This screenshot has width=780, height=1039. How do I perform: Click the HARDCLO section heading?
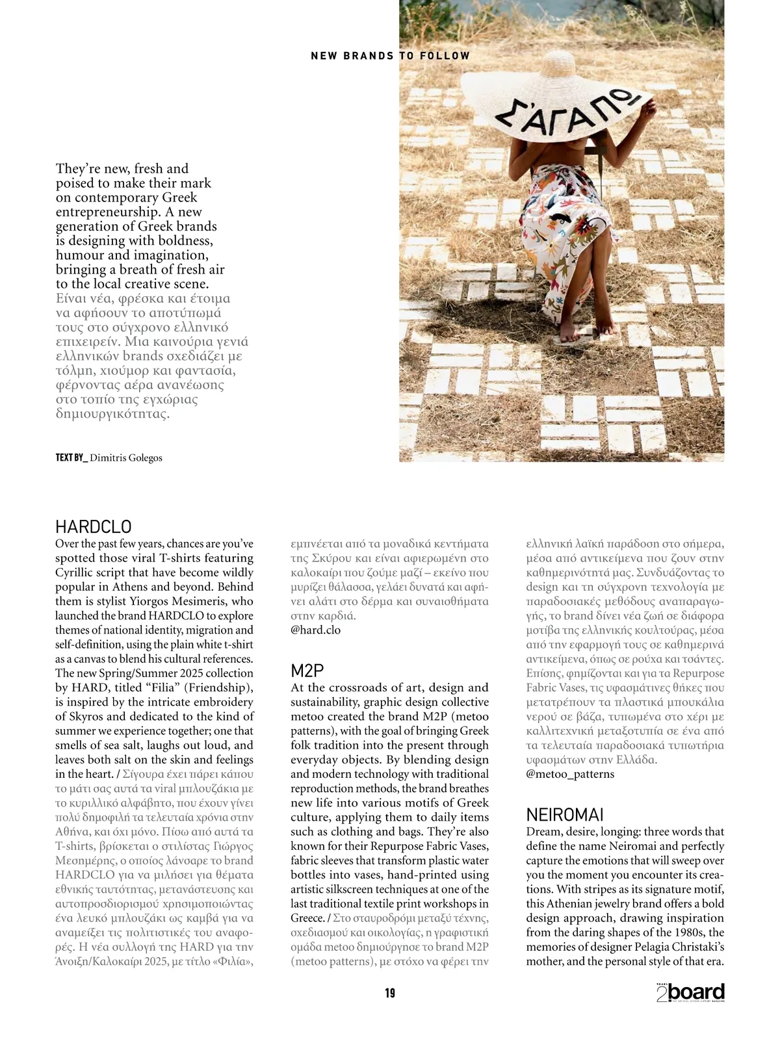click(x=94, y=526)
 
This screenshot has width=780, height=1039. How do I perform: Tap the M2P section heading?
click(x=307, y=670)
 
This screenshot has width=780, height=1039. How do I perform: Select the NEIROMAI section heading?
click(x=565, y=814)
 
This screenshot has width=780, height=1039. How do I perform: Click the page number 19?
click(x=390, y=992)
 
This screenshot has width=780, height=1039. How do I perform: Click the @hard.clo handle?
click(x=315, y=630)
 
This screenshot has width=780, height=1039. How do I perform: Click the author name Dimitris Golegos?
click(x=126, y=457)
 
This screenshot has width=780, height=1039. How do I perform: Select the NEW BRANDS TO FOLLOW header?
click(x=390, y=56)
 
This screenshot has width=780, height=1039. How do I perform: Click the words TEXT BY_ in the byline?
click(x=71, y=457)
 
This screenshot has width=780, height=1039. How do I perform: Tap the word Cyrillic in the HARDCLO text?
click(x=75, y=572)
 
